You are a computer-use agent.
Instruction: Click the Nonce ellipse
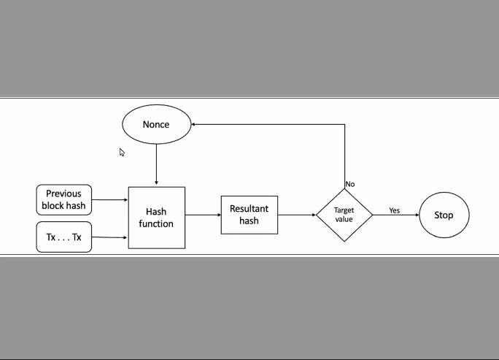pyautogui.click(x=156, y=124)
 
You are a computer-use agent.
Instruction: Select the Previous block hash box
pyautogui.click(x=64, y=199)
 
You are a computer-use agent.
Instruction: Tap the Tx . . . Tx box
pyautogui.click(x=64, y=237)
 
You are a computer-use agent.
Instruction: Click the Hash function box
pyautogui.click(x=156, y=218)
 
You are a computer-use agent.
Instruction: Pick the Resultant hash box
pyautogui.click(x=249, y=215)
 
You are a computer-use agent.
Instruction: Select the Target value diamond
pyautogui.click(x=344, y=215)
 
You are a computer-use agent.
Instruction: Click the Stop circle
pyautogui.click(x=444, y=215)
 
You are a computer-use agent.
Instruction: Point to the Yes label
pyautogui.click(x=394, y=210)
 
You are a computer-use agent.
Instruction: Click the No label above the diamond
pyautogui.click(x=350, y=184)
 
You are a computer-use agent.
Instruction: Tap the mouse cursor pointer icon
pyautogui.click(x=122, y=152)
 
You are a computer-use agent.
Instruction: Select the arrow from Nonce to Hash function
pyautogui.click(x=156, y=164)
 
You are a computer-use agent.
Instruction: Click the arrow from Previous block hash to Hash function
pyautogui.click(x=109, y=199)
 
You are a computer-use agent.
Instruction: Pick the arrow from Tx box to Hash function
pyautogui.click(x=109, y=237)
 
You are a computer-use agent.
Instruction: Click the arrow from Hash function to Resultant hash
pyautogui.click(x=203, y=215)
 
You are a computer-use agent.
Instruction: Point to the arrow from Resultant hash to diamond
pyautogui.click(x=296, y=215)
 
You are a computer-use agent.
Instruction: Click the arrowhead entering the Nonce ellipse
pyautogui.click(x=194, y=124)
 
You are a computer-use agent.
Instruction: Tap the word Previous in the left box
pyautogui.click(x=63, y=194)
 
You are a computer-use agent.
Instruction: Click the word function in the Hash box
pyautogui.click(x=156, y=223)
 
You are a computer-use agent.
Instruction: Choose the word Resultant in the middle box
pyautogui.click(x=249, y=209)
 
